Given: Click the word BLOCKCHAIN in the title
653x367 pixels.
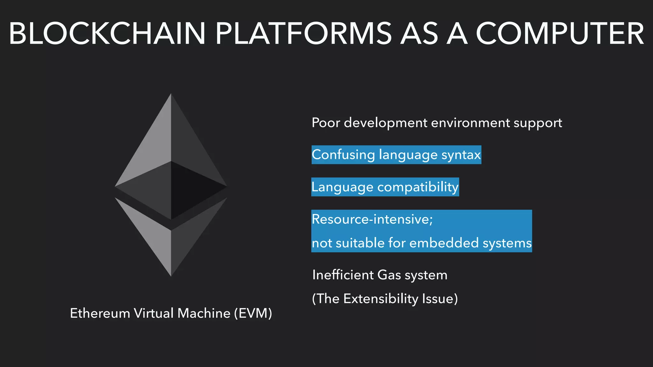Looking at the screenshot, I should pos(107,34).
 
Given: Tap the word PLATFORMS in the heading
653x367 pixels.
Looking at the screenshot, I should pos(303,34).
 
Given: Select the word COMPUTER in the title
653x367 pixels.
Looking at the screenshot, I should pos(560,34).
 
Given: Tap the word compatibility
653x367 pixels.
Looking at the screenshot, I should pos(418,187).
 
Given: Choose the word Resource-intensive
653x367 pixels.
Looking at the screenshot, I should pos(372,219).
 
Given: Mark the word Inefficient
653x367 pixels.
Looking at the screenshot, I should pos(343,275).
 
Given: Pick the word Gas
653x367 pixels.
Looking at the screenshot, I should pos(389,275).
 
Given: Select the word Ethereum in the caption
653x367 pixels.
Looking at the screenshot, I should pos(100,313).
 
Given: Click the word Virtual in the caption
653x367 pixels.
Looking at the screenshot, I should pos(154,313).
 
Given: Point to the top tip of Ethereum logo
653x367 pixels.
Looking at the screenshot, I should pos(171,95).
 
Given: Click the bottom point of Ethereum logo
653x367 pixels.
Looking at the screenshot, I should pos(171,275).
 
